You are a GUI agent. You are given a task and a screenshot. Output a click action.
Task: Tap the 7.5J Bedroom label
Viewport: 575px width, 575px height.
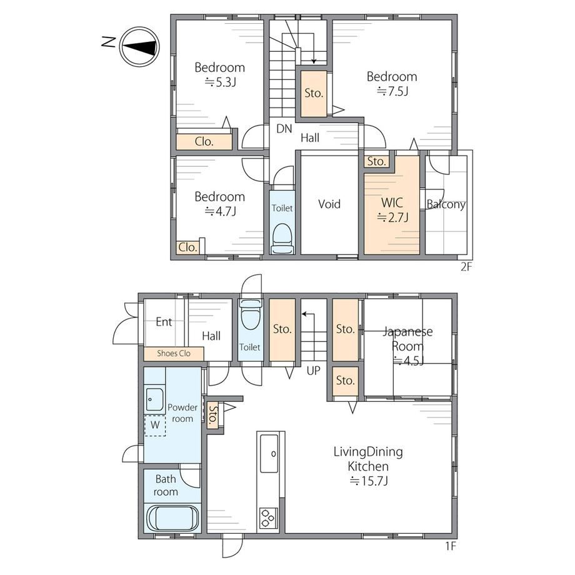click(392, 84)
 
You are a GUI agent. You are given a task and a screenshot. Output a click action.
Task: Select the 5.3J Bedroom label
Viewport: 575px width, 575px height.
click(219, 74)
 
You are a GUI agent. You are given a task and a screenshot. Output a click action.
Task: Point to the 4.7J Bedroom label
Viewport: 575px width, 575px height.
click(219, 204)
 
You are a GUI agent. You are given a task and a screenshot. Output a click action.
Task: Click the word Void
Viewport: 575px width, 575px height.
click(329, 204)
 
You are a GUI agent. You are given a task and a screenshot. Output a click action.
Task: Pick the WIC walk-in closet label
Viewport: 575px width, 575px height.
click(392, 210)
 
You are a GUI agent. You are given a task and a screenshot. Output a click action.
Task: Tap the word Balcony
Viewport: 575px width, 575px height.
click(446, 204)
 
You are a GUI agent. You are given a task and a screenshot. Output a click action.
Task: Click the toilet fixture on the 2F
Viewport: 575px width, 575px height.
click(282, 238)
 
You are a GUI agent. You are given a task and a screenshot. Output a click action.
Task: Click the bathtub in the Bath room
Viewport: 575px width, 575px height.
click(172, 517)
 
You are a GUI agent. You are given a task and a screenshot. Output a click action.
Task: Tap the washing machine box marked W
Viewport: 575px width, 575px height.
click(155, 426)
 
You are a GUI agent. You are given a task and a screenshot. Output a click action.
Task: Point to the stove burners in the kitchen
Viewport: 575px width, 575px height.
click(268, 518)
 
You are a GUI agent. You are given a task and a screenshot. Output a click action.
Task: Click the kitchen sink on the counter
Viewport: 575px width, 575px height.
click(269, 454)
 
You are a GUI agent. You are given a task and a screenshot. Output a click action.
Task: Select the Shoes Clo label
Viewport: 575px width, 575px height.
click(174, 354)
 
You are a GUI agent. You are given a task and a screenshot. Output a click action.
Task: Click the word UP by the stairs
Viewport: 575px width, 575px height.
click(313, 371)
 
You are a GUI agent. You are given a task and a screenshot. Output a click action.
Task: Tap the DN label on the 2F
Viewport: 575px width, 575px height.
click(284, 129)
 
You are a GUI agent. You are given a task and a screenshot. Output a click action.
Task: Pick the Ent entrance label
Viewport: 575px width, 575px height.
click(164, 322)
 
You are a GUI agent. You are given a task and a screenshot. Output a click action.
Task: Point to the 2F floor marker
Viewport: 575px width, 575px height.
click(466, 267)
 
